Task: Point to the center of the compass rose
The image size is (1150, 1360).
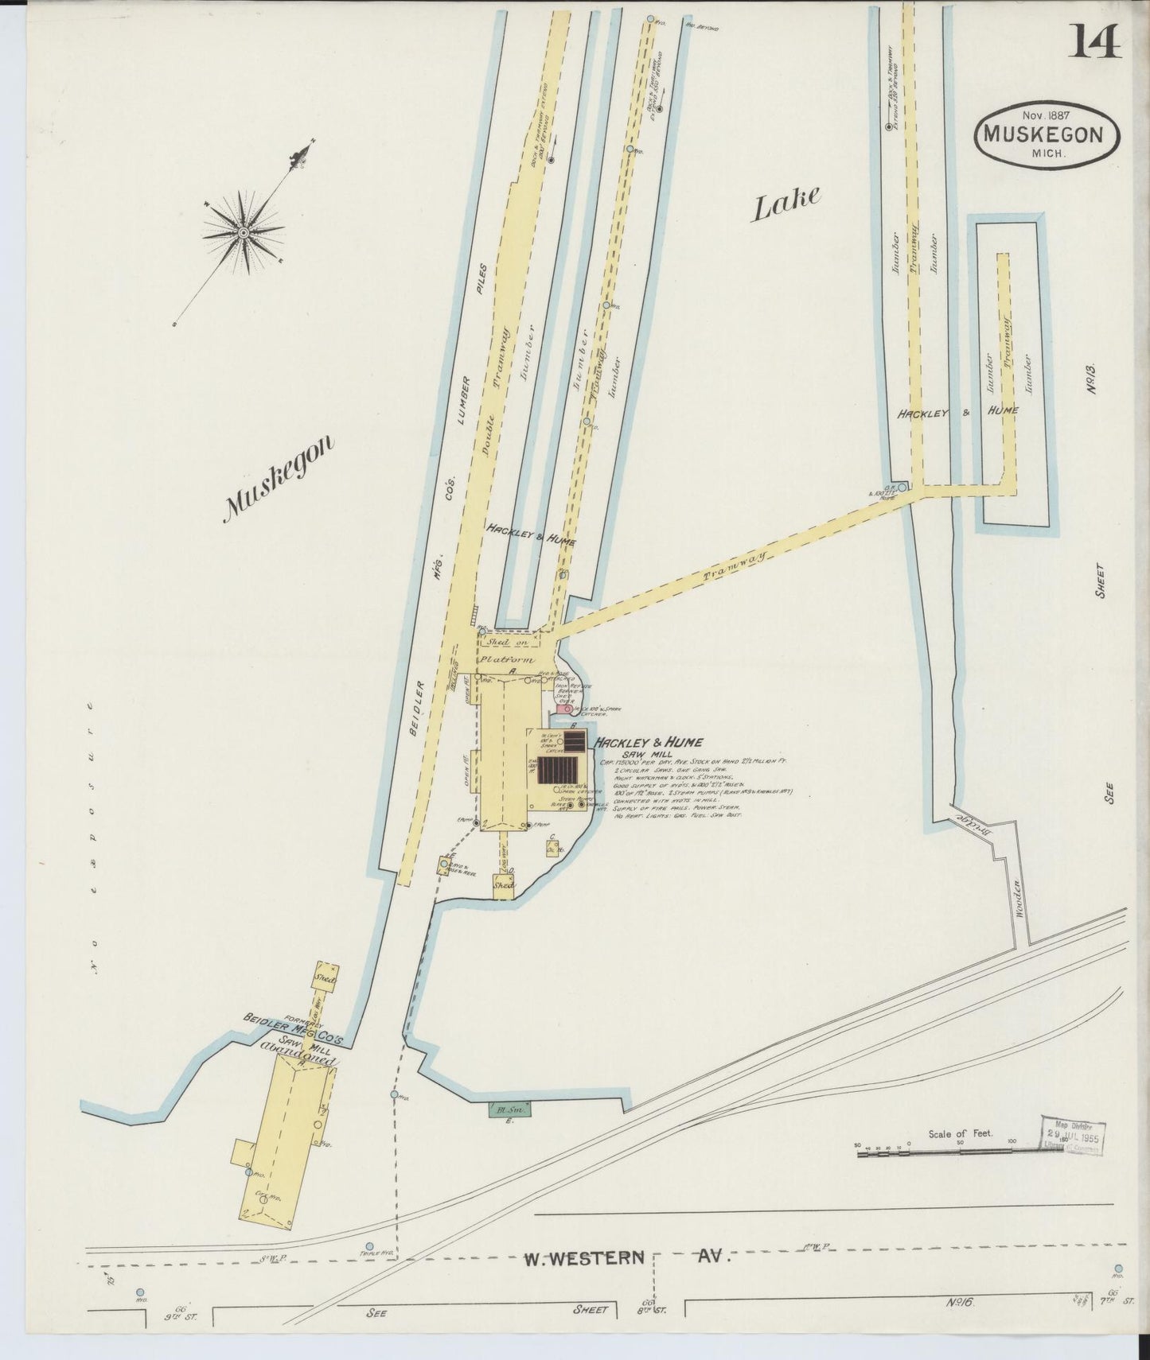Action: (243, 231)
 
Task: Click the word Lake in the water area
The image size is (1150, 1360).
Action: (786, 204)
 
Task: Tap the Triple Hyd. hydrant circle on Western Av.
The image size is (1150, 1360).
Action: (368, 1246)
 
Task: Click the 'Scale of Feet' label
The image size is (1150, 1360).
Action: (960, 1133)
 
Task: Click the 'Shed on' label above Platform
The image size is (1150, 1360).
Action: (499, 642)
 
